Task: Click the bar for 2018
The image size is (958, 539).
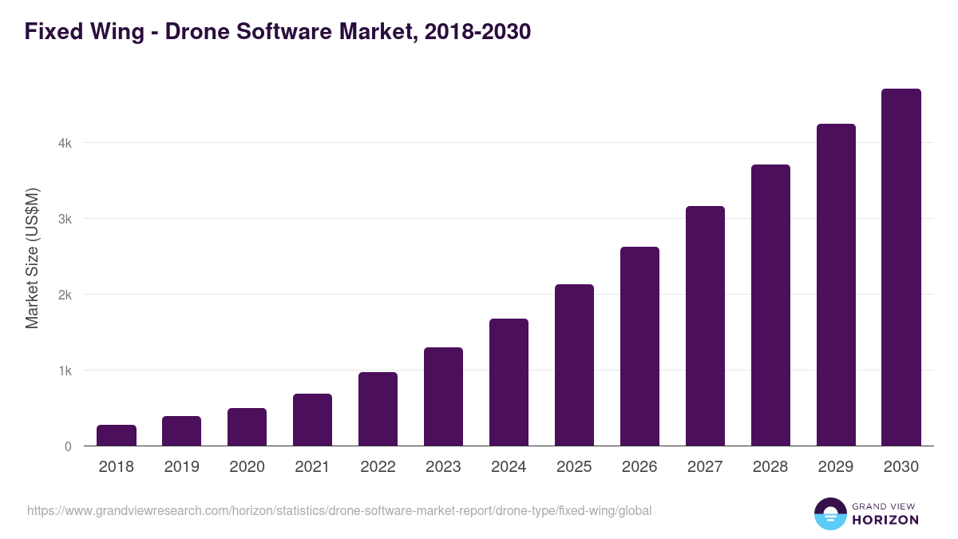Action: point(117,435)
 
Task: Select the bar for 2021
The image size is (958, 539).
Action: point(312,420)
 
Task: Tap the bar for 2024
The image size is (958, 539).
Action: point(509,382)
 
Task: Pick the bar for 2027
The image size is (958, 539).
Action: point(705,326)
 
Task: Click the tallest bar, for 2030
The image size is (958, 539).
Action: point(901,268)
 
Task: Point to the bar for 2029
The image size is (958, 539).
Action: point(836,285)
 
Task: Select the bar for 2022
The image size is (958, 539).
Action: point(378,409)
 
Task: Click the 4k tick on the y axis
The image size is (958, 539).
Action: point(65,144)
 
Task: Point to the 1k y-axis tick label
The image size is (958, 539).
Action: point(65,371)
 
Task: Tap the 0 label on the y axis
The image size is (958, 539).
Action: point(68,446)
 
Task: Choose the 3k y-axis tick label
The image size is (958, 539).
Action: point(65,219)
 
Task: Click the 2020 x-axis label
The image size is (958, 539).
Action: point(247,467)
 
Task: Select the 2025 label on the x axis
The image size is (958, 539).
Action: point(574,467)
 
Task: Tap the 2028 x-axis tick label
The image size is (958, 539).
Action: point(770,467)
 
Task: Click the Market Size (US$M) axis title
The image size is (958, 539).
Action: point(32,258)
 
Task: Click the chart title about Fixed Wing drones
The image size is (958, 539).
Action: point(277,32)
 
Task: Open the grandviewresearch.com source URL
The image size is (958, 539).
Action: point(339,510)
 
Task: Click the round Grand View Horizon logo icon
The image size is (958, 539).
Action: point(830,513)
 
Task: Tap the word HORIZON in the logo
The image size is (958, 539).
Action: point(885,520)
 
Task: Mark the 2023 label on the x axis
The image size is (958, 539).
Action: point(443,467)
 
